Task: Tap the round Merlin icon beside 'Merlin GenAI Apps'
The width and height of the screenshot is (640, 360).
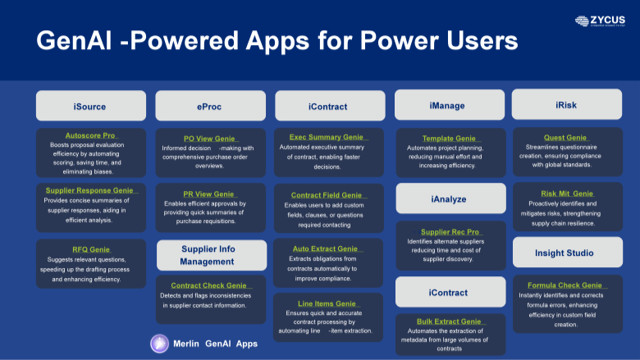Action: point(159,344)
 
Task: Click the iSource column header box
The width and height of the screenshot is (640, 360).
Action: point(90,106)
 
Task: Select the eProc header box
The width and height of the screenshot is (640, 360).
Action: point(210,106)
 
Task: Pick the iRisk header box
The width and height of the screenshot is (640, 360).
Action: point(566,105)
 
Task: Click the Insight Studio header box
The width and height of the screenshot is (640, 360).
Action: point(566,253)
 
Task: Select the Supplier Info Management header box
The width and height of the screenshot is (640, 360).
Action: point(211,255)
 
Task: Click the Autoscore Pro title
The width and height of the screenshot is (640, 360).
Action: point(90,134)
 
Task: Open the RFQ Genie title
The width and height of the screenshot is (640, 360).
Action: point(90,249)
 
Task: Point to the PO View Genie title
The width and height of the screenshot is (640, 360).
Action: point(210,139)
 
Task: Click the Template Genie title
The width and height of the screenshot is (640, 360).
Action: point(449,139)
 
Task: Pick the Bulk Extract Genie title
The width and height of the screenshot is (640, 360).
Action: point(449,321)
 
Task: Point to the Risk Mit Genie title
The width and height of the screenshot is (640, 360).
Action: point(565,194)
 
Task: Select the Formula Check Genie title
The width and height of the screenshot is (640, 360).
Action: point(565,285)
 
